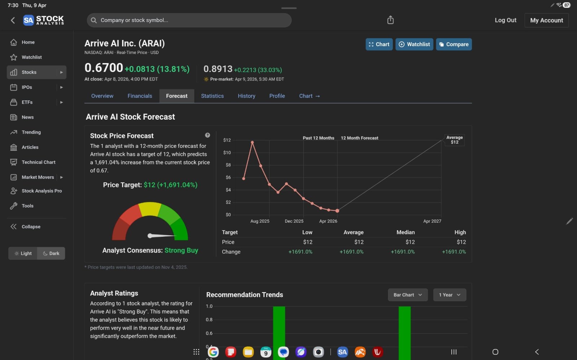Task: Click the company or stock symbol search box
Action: coord(189,20)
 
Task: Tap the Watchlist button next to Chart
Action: coord(414,44)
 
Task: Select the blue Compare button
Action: coord(454,44)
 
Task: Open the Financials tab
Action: coord(140,96)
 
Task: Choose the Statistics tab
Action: coord(212,96)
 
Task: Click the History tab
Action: coord(247,96)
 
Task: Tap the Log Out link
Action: coord(505,20)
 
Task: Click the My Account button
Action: coord(546,20)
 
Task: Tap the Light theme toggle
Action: coord(23,253)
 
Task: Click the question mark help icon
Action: coord(207,135)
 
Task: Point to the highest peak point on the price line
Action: coord(252,142)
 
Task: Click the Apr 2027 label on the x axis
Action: coord(432,221)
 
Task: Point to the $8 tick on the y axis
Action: coord(228,165)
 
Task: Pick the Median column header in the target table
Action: coord(405,232)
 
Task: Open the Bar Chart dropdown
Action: coord(408,295)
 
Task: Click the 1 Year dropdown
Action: coord(449,295)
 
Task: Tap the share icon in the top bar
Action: coord(390,20)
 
